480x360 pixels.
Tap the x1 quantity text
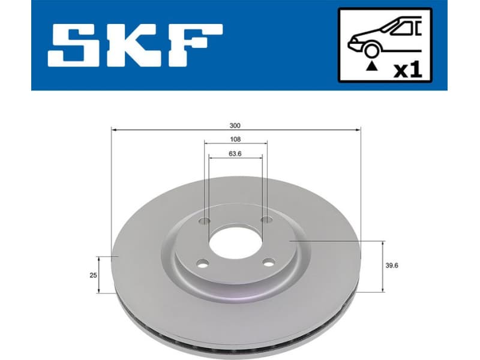tap(407, 70)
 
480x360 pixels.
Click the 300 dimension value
tap(235, 125)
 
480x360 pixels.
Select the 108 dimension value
tap(235, 139)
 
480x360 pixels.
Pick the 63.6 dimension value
tap(235, 153)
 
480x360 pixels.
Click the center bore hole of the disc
tap(235, 242)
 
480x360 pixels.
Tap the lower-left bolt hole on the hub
tap(202, 262)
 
